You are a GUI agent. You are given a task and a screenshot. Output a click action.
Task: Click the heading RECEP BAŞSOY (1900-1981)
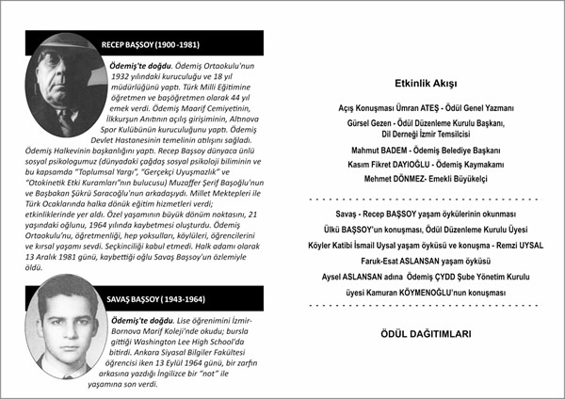pos(151,45)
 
